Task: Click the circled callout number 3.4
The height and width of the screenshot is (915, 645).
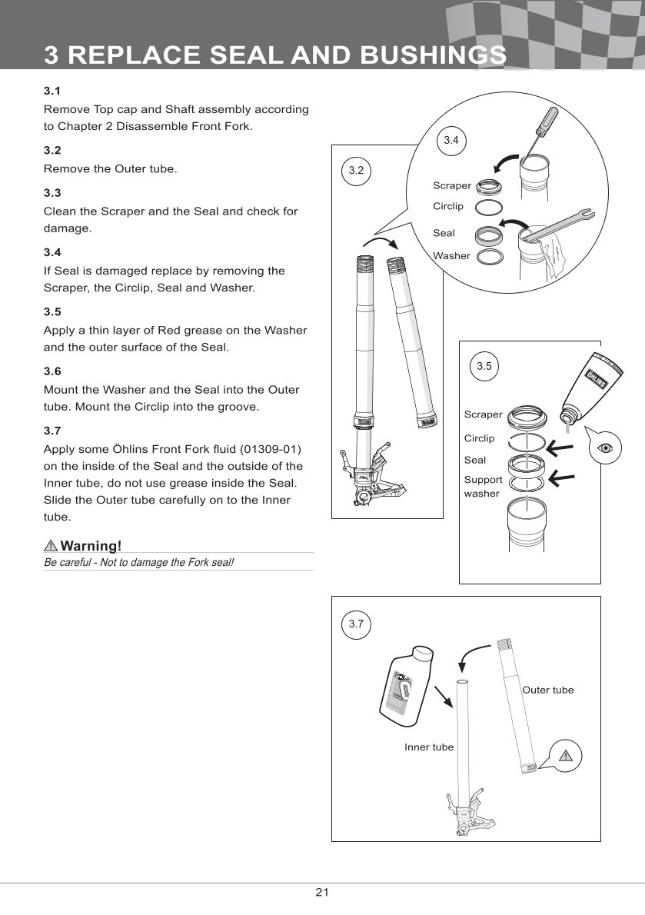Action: [451, 140]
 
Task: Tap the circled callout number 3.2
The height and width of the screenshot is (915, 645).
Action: [355, 171]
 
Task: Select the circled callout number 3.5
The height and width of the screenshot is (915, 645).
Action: [484, 366]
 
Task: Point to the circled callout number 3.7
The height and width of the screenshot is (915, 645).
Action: [355, 624]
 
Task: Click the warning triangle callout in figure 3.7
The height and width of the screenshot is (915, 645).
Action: [567, 754]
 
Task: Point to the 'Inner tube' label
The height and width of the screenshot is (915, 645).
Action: [429, 747]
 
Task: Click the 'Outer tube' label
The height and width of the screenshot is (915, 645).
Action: [547, 690]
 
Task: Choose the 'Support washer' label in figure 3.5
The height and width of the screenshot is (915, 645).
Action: [483, 486]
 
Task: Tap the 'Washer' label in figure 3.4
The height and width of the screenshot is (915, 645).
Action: [451, 255]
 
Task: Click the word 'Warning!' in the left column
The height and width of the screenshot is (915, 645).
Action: [91, 546]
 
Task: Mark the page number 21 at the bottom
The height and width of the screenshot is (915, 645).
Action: [322, 892]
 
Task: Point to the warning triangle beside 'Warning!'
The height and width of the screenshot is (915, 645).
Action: [51, 546]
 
